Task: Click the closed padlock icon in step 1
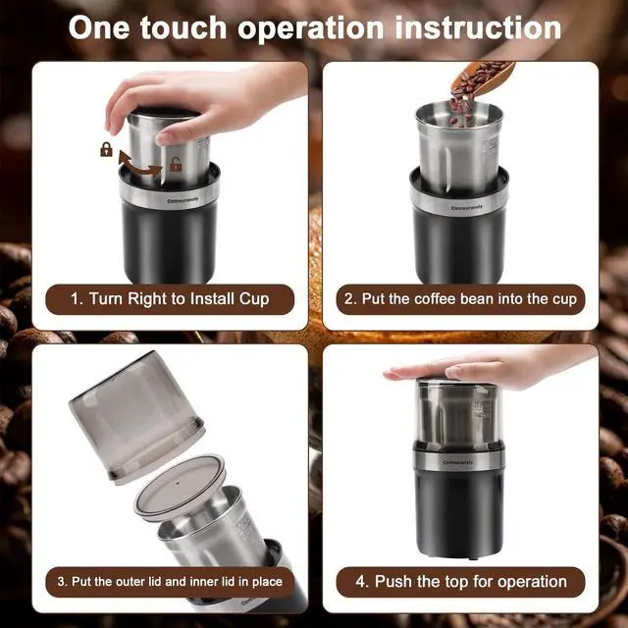pyautogui.click(x=106, y=149)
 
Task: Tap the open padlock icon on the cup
pyautogui.click(x=176, y=164)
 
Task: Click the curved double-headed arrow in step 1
pyautogui.click(x=139, y=165)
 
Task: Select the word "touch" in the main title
pyautogui.click(x=183, y=28)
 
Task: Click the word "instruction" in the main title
pyautogui.click(x=478, y=28)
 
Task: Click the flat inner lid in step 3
pyautogui.click(x=180, y=487)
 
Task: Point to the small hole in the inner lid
pyautogui.click(x=178, y=483)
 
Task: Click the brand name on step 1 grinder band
pyautogui.click(x=183, y=199)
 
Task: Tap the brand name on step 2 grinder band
pyautogui.click(x=467, y=207)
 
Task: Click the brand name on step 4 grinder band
pyautogui.click(x=458, y=462)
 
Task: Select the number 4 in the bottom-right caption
pyautogui.click(x=359, y=582)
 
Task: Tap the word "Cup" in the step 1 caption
pyautogui.click(x=254, y=300)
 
